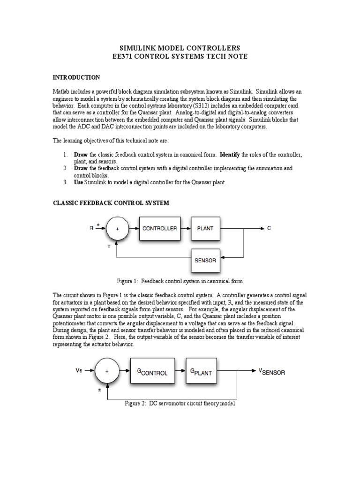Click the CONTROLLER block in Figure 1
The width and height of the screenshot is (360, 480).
(x=159, y=229)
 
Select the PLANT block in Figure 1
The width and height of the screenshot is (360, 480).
(x=205, y=229)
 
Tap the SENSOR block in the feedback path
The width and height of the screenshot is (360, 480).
(x=205, y=260)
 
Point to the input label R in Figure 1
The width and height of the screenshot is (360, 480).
(x=91, y=229)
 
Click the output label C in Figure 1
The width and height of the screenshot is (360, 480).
(x=269, y=229)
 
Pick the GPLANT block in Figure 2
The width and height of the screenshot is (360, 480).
(x=201, y=373)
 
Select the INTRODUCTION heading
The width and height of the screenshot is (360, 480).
(x=76, y=77)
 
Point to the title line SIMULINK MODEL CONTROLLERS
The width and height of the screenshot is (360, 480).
(x=180, y=48)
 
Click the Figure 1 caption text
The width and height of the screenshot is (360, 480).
(x=180, y=281)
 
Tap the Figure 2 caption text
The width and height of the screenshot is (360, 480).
(x=180, y=403)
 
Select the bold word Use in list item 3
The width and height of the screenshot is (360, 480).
(x=79, y=182)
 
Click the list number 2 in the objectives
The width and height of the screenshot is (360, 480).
(x=65, y=168)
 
